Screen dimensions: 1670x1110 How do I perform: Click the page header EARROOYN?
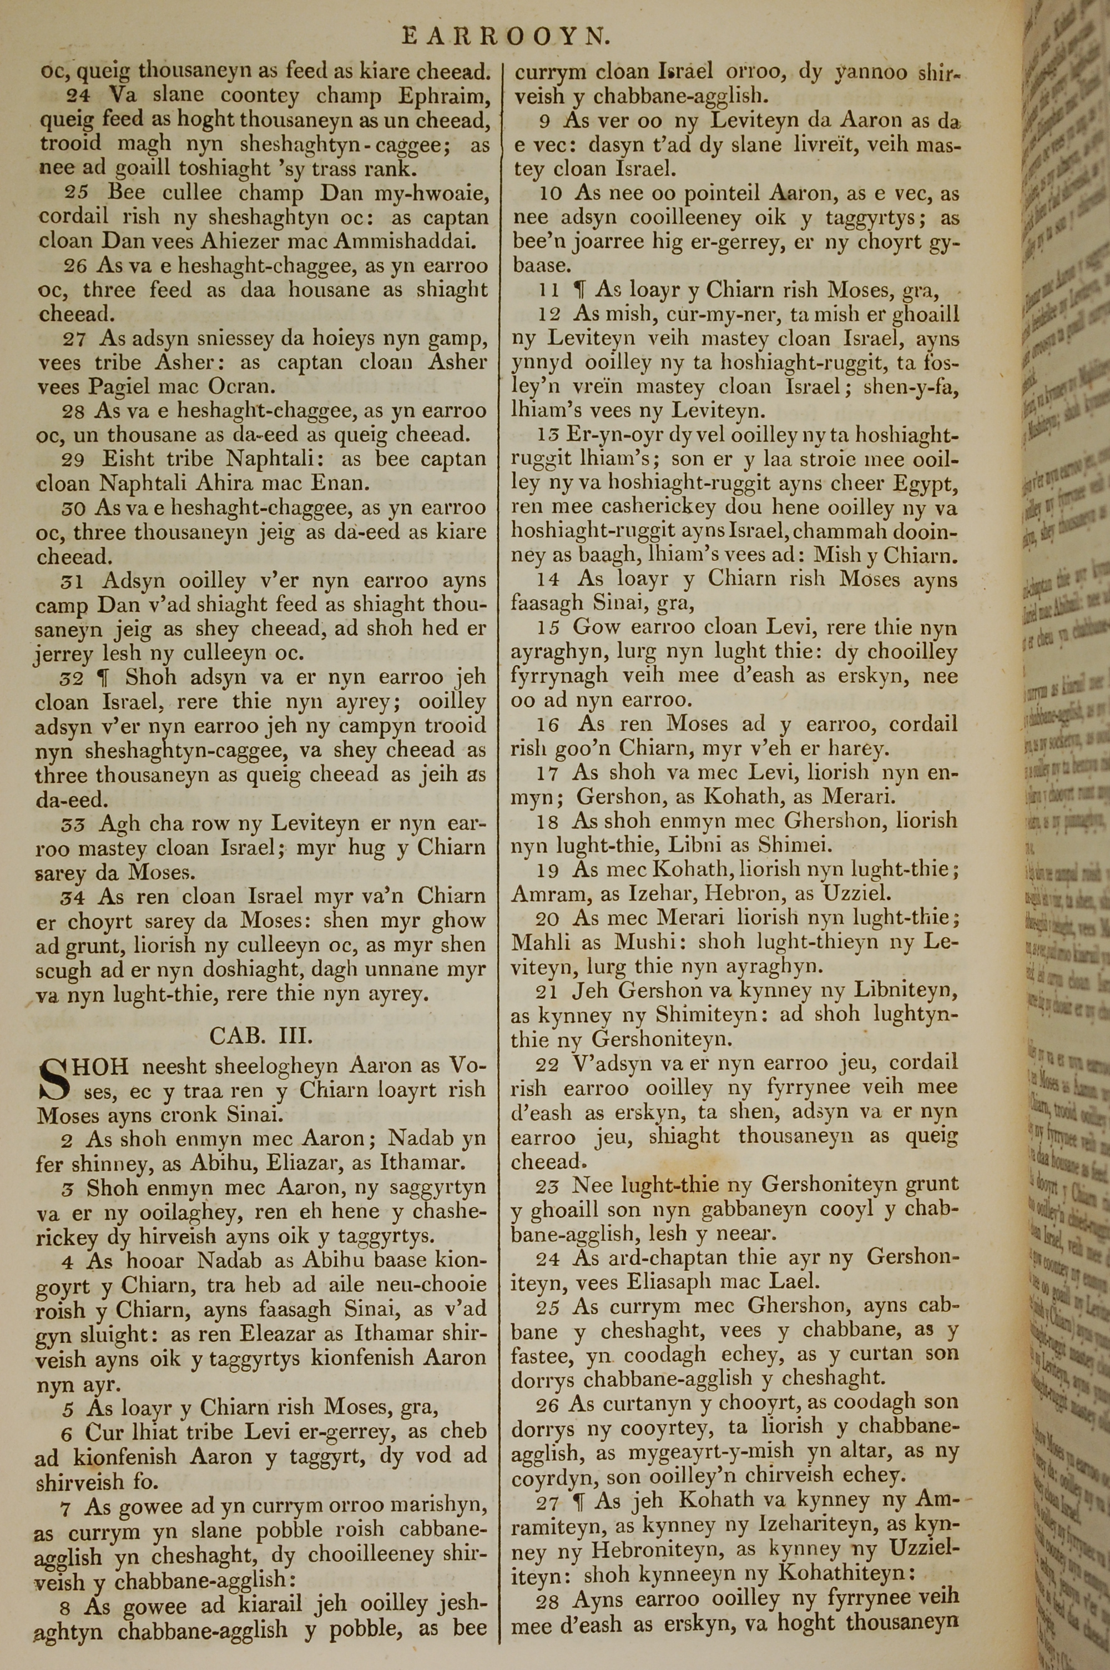coord(506,36)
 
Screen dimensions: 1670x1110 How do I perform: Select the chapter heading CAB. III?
coord(260,1037)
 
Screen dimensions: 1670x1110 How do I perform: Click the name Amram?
coord(547,893)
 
